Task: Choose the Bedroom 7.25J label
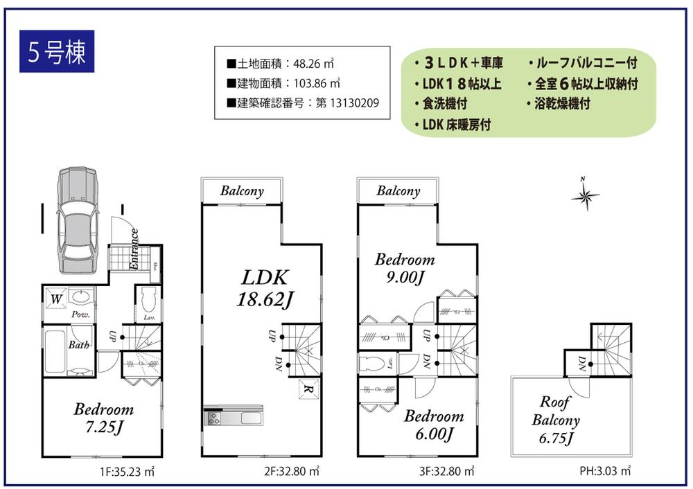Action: coord(103,418)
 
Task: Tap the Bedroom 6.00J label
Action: coord(434,425)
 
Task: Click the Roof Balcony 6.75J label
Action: coord(555,420)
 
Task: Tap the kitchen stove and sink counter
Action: coord(233,418)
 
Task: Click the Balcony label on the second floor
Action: coord(242,191)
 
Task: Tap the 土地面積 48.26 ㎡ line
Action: coord(281,64)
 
